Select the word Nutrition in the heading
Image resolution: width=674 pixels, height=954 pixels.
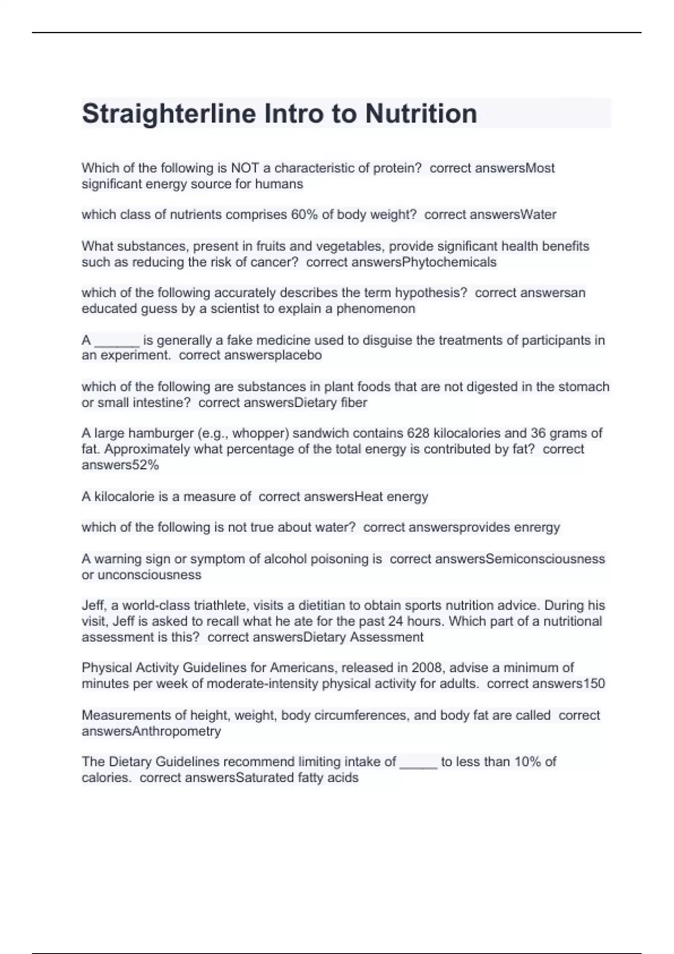pos(421,113)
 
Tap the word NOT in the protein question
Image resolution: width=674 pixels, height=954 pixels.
pos(244,168)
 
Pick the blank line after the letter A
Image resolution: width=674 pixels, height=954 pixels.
pos(117,341)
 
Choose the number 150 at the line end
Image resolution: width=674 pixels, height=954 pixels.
pos(593,684)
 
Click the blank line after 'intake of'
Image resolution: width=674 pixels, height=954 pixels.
pos(418,763)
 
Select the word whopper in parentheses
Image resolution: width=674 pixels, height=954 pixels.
pos(257,433)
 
